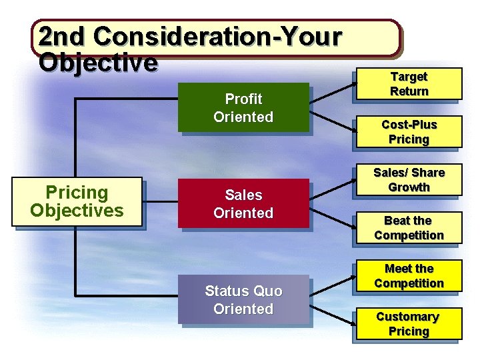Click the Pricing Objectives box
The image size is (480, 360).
click(x=77, y=202)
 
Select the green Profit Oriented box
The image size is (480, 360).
click(x=243, y=108)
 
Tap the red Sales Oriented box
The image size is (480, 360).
click(x=243, y=204)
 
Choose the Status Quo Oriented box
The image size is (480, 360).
click(x=243, y=300)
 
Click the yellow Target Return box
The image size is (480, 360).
click(x=409, y=84)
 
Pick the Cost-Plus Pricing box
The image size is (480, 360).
click(x=409, y=132)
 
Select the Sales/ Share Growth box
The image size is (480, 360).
click(x=409, y=180)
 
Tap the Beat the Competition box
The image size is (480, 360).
click(x=409, y=228)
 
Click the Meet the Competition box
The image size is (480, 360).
click(x=409, y=276)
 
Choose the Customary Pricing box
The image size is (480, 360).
click(x=409, y=324)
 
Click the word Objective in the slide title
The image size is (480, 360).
click(x=98, y=63)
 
